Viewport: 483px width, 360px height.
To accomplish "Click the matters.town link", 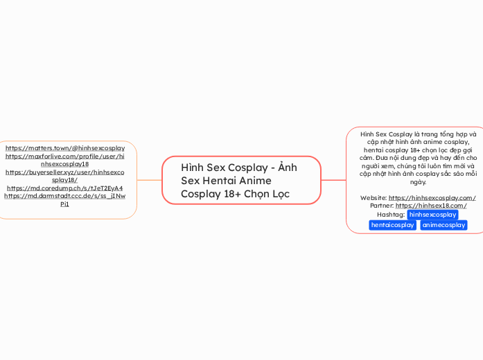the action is tap(65, 148).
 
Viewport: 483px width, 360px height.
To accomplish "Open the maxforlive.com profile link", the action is tap(65, 160).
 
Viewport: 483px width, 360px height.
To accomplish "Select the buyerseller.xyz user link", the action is tap(65, 176).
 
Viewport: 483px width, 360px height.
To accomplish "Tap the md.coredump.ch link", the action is tap(65, 188).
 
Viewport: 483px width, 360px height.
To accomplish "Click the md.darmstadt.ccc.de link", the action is tap(65, 200).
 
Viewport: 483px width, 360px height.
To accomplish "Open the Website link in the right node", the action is tap(432, 198).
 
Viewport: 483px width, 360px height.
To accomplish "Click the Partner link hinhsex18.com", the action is tap(430, 206).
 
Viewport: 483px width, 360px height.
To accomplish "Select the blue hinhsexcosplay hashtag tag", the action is tap(432, 215).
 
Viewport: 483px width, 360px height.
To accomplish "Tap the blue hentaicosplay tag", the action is tap(393, 225).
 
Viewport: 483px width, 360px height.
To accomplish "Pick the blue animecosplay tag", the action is tap(444, 225).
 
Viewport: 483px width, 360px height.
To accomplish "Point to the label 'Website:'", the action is tap(374, 198).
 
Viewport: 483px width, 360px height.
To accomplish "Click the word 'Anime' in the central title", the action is tap(254, 181).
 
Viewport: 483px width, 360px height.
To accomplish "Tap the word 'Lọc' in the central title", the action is tap(280, 195).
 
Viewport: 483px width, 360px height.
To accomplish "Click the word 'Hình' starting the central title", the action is tap(192, 168).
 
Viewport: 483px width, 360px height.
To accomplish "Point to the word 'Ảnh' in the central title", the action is tap(287, 168).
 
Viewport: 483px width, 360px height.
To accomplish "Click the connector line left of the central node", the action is tap(149, 180).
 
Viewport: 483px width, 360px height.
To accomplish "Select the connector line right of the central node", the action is tap(333, 180).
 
